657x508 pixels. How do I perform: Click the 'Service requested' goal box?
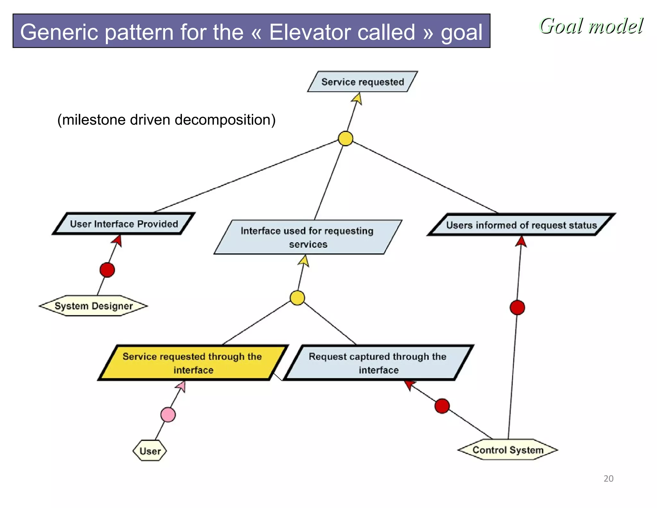tap(363, 82)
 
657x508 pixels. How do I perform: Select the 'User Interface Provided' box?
tap(124, 224)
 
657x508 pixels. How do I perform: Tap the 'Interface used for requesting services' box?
tap(307, 237)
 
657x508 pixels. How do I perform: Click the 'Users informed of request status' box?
tap(521, 225)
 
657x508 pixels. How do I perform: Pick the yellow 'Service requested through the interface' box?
tap(192, 363)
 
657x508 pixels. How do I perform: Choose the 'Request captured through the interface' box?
tap(378, 363)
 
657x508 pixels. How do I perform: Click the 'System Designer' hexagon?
tap(93, 306)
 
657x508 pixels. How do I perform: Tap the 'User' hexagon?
tap(150, 451)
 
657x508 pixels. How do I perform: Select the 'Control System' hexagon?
tap(508, 450)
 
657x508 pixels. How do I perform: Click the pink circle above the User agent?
tap(168, 415)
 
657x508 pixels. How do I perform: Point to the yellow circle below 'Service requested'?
tap(346, 138)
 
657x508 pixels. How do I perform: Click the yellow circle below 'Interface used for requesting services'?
tap(297, 298)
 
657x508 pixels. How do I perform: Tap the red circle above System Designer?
tap(107, 270)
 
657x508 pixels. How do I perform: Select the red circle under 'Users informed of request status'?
tap(517, 307)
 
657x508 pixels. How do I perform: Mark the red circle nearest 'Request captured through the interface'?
tap(442, 406)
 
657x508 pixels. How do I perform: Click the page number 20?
tap(608, 478)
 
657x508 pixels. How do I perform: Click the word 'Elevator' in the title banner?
tap(342, 32)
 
